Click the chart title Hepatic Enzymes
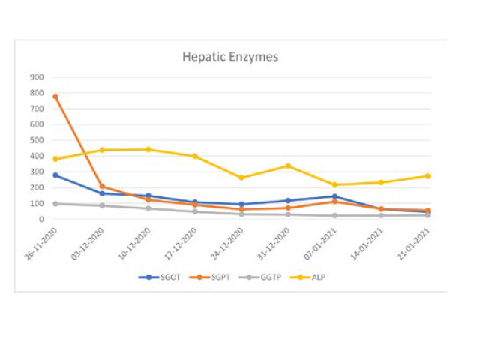(x=231, y=57)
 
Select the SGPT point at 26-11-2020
(x=55, y=97)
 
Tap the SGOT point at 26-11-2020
(x=55, y=175)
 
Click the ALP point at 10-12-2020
(x=148, y=150)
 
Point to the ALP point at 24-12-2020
(x=241, y=178)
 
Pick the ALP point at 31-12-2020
(x=288, y=166)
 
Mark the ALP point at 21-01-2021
(x=427, y=176)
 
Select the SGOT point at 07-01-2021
(x=334, y=196)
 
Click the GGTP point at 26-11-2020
(x=55, y=204)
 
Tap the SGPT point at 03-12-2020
(x=102, y=187)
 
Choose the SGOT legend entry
(x=157, y=277)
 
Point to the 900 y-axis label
(x=36, y=76)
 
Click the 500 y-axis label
(x=36, y=140)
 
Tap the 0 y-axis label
(x=41, y=220)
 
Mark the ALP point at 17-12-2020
(x=195, y=157)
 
